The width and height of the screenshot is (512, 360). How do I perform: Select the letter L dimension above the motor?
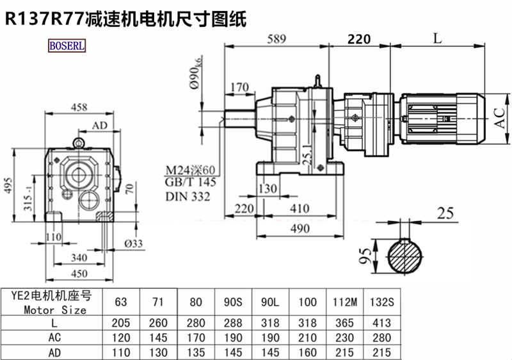437,38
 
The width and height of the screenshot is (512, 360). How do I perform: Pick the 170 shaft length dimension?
238,86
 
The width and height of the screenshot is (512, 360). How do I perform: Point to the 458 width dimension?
79,107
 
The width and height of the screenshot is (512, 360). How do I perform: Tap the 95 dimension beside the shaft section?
365,257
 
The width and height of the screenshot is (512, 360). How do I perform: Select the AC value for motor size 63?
119,338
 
